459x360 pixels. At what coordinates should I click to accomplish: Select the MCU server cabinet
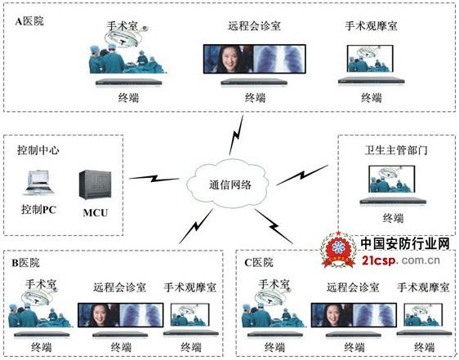95,185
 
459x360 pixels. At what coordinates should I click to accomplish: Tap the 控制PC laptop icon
38,183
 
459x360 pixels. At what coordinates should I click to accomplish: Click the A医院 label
29,21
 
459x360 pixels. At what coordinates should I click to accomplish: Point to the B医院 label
25,263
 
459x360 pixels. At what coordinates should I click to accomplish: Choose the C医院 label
259,263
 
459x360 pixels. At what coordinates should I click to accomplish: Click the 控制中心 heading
38,150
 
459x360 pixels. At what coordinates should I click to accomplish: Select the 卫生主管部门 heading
396,150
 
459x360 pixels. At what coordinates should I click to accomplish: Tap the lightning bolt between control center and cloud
154,178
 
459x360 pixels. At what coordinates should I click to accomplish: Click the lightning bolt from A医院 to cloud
236,135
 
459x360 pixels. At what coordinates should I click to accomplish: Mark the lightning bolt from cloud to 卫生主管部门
302,175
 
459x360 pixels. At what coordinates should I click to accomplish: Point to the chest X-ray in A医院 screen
279,59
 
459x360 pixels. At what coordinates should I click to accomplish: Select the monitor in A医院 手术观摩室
370,59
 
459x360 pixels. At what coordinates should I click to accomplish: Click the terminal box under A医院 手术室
129,82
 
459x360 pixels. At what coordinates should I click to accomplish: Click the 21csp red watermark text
380,260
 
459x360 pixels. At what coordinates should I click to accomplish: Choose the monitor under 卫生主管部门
392,179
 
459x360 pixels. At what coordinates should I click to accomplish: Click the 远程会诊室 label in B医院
119,287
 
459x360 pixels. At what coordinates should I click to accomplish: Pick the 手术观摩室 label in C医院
423,287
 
